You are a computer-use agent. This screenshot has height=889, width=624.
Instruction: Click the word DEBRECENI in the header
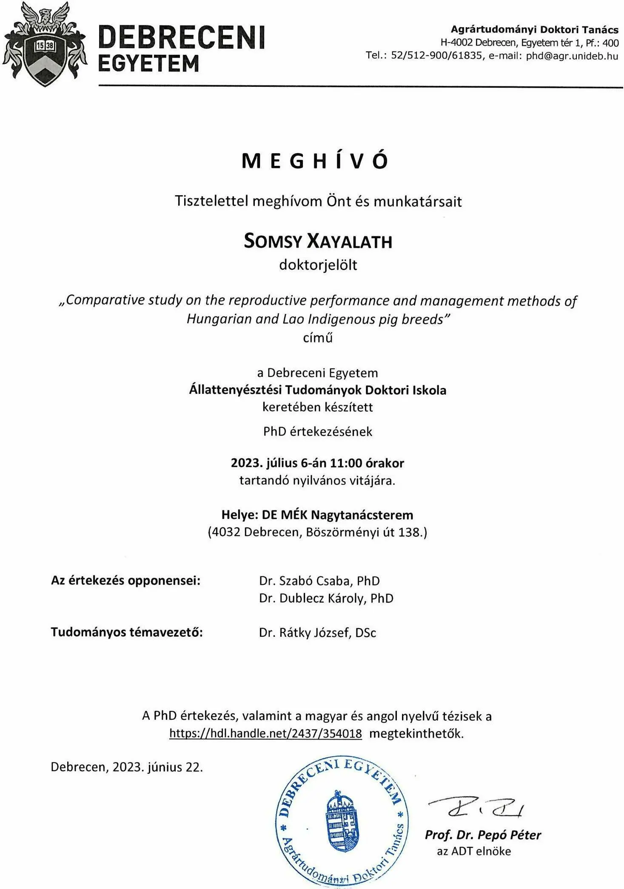[182, 37]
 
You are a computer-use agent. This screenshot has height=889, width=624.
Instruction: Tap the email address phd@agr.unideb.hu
[572, 56]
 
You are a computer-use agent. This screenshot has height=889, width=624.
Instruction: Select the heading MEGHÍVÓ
[315, 161]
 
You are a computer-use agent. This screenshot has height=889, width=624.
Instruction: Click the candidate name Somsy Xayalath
[318, 241]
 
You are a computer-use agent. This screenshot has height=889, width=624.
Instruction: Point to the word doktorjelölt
[318, 265]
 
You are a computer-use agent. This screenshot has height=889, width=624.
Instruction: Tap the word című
[317, 338]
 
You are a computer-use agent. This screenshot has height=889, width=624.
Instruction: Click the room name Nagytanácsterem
[362, 515]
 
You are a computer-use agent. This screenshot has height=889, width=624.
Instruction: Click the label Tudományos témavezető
[127, 632]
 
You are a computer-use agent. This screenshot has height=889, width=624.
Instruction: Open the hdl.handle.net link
[265, 733]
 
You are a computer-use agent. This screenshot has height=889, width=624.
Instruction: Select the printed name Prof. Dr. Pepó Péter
[482, 835]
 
